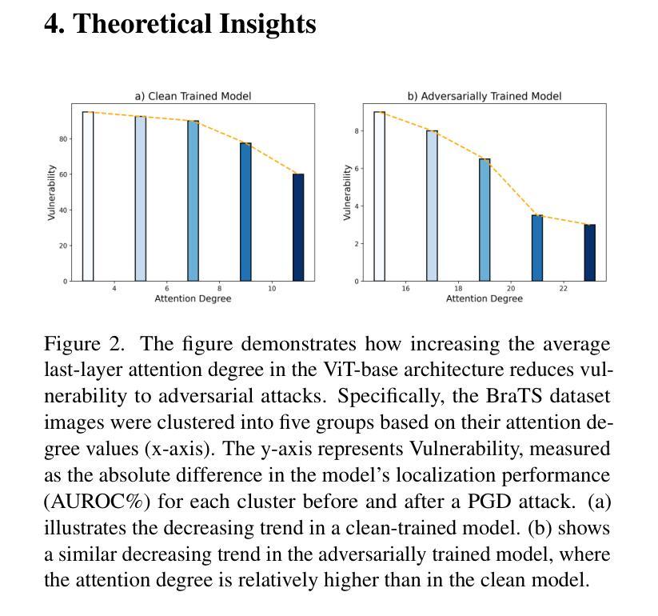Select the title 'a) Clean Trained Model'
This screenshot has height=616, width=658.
[193, 96]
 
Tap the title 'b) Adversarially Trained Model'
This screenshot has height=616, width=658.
[485, 96]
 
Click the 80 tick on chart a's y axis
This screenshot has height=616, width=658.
[64, 139]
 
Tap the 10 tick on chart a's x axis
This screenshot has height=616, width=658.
[272, 289]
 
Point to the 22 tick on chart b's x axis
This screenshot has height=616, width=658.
[564, 289]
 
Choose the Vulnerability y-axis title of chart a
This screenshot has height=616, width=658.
[52, 193]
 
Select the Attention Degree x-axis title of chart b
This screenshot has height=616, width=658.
[485, 298]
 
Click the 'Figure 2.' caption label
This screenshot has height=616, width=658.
[83, 345]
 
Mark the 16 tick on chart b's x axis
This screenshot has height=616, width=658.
[406, 289]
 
